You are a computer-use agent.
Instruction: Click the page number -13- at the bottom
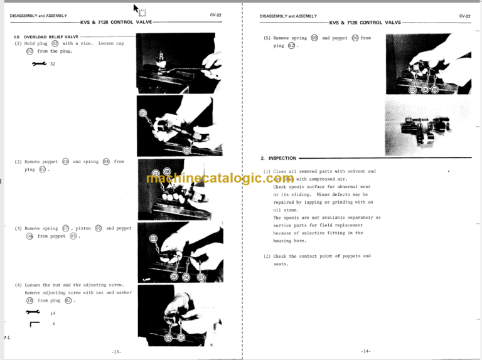[x=116, y=351]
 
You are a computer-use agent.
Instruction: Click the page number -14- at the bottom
[x=367, y=351]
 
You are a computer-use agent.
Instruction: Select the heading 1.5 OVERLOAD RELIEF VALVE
[x=47, y=37]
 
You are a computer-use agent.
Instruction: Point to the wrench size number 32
[x=53, y=64]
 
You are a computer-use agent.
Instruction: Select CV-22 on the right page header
[x=464, y=16]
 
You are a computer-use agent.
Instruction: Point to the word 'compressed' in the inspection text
[x=314, y=179]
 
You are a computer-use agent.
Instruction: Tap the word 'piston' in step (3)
[x=83, y=228]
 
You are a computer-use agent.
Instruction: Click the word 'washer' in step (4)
[x=123, y=293]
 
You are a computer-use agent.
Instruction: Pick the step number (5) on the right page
[x=267, y=38]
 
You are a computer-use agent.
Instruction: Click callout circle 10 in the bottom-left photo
[x=181, y=337]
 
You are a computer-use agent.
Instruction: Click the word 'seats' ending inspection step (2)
[x=280, y=264]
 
